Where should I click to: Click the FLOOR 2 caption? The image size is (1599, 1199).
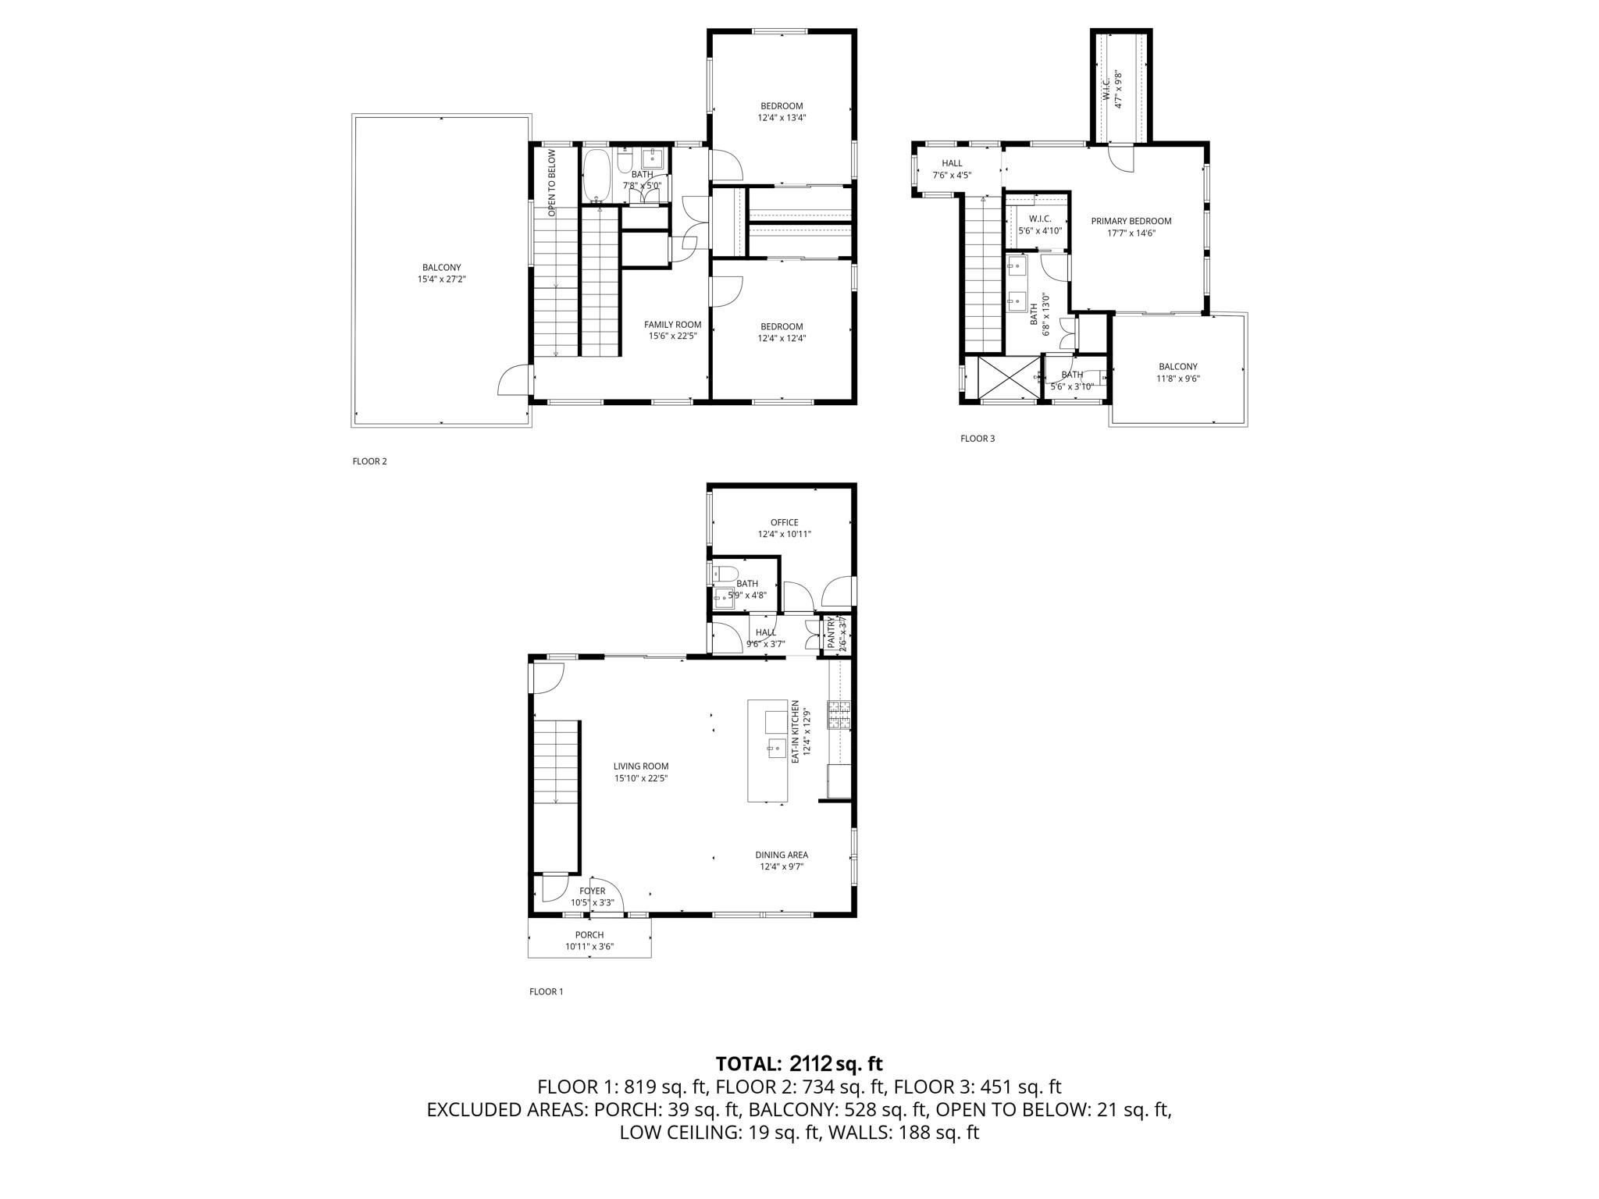tap(369, 461)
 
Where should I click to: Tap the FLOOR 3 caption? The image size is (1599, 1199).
tap(978, 439)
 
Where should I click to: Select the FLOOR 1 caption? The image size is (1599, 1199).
tap(546, 992)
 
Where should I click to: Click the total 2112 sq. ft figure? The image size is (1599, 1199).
tap(835, 1063)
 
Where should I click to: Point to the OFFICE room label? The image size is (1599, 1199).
tap(784, 523)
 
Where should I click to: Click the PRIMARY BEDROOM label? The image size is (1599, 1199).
tap(1131, 221)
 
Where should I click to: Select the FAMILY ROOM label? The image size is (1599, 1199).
tap(672, 325)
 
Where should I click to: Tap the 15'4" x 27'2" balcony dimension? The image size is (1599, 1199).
tap(442, 279)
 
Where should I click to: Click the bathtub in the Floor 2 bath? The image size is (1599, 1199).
tap(598, 175)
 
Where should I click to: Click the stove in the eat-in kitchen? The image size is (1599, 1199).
tap(840, 715)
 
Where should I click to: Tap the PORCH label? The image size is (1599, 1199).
tap(589, 935)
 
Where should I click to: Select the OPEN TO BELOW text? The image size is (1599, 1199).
tap(551, 183)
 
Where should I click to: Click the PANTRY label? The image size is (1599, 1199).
tap(832, 634)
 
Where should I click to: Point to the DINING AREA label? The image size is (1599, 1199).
tap(781, 855)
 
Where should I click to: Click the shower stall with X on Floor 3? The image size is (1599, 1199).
tap(1008, 378)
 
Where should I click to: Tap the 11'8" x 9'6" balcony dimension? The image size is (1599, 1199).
tap(1177, 379)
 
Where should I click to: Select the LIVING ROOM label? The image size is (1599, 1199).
tap(640, 767)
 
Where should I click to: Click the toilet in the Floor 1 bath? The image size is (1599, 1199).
tap(725, 575)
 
